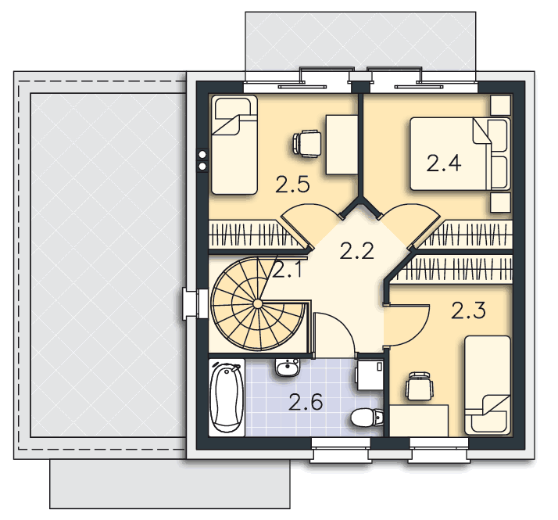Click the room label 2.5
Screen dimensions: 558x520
coord(292,185)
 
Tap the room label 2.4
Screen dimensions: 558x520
coord(444,163)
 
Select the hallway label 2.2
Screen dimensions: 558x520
coord(357,251)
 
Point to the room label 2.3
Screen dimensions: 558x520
coord(468,310)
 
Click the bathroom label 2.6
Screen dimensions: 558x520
coord(306,402)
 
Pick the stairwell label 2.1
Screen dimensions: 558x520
coord(288,270)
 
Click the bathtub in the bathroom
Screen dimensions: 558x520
coord(227,397)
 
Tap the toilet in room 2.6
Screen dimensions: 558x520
coord(367,418)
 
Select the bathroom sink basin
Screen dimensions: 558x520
coord(288,367)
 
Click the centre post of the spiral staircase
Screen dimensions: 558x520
coord(257,303)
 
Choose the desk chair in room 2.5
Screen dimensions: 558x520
coord(307,143)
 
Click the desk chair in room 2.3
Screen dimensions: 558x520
coord(420,386)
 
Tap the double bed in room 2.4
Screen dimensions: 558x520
coord(460,154)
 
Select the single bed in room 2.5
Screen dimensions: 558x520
coord(234,145)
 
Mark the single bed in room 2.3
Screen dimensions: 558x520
coord(488,385)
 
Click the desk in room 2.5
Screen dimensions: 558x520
coord(342,145)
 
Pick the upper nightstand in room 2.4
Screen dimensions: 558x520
coord(501,106)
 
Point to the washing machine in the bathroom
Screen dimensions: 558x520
coord(370,375)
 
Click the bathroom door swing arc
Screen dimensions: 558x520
coord(341,325)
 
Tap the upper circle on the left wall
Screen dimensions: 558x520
coord(202,154)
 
